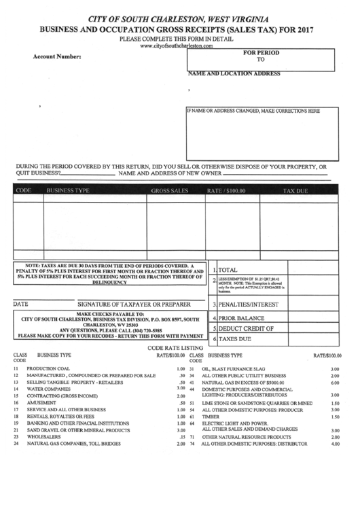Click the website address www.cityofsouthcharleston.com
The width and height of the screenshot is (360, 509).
click(x=179, y=46)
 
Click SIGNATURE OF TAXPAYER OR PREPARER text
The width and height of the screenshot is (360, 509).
click(x=132, y=305)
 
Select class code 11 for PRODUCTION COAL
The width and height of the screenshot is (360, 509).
click(x=15, y=368)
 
